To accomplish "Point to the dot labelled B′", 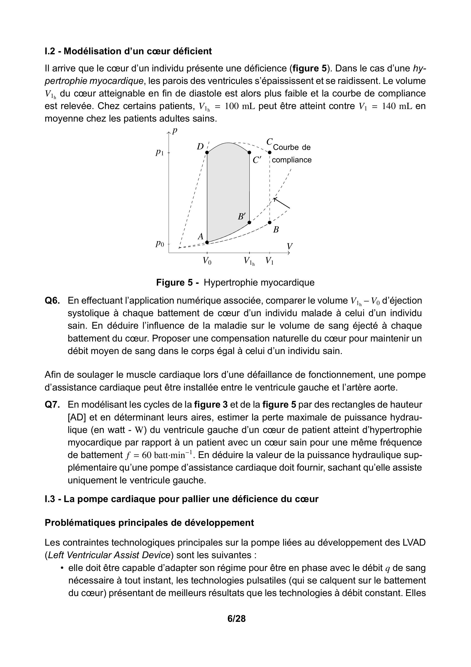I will point(249,223).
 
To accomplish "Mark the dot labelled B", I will point(270,223).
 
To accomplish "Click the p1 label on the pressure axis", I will point(160,152).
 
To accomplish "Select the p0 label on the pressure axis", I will point(160,244).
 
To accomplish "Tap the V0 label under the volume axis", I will point(207,261).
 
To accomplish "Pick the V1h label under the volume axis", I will point(249,261).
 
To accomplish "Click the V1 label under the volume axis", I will point(270,261).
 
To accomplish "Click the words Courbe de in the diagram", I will point(292,147).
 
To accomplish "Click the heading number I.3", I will point(50,499).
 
